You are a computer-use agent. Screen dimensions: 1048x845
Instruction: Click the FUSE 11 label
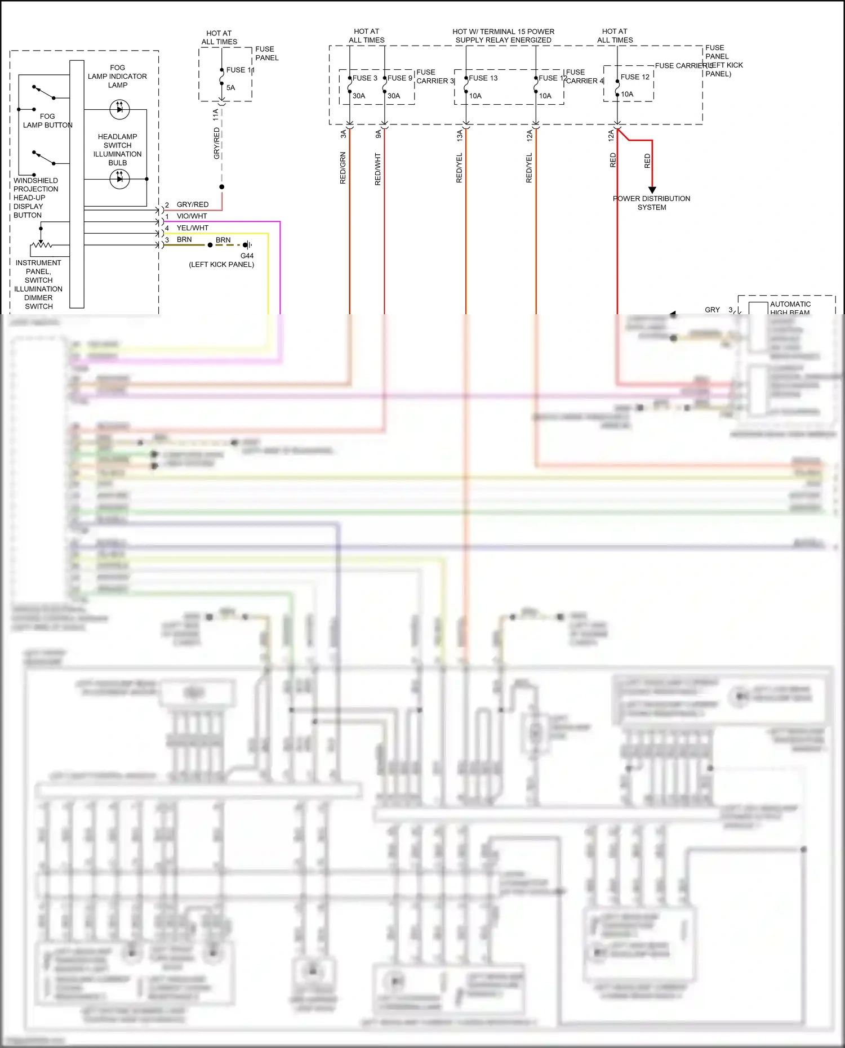click(240, 70)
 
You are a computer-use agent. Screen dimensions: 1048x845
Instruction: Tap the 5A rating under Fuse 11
click(231, 88)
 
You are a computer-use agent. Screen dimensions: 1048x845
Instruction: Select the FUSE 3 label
click(365, 78)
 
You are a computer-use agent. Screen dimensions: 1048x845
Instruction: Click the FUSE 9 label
click(400, 78)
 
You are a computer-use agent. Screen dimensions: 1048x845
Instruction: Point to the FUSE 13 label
click(483, 78)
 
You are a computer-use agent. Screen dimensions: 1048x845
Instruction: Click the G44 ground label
click(247, 256)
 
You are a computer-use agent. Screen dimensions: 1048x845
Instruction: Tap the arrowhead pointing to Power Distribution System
click(652, 190)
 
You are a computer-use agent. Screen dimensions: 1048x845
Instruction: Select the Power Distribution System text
click(652, 203)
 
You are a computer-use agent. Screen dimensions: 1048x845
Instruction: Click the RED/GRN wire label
click(343, 168)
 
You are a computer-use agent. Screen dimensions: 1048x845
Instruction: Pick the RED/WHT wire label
click(377, 169)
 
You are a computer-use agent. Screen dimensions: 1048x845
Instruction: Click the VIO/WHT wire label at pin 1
click(192, 216)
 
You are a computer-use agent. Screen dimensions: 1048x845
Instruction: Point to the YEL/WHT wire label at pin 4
click(192, 228)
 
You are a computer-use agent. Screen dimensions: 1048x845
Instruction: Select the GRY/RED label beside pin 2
click(192, 204)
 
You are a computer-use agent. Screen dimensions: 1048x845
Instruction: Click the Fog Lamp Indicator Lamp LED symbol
click(119, 109)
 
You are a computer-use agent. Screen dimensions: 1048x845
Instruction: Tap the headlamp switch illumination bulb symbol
click(119, 179)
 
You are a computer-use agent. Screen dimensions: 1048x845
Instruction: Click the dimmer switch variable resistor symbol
click(41, 246)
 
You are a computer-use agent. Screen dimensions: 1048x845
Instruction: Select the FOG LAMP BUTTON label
click(47, 121)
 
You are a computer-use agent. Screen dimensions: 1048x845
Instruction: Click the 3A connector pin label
click(343, 134)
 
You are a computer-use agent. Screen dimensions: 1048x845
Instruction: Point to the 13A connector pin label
click(459, 135)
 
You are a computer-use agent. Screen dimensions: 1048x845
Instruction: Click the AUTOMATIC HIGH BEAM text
click(790, 308)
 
